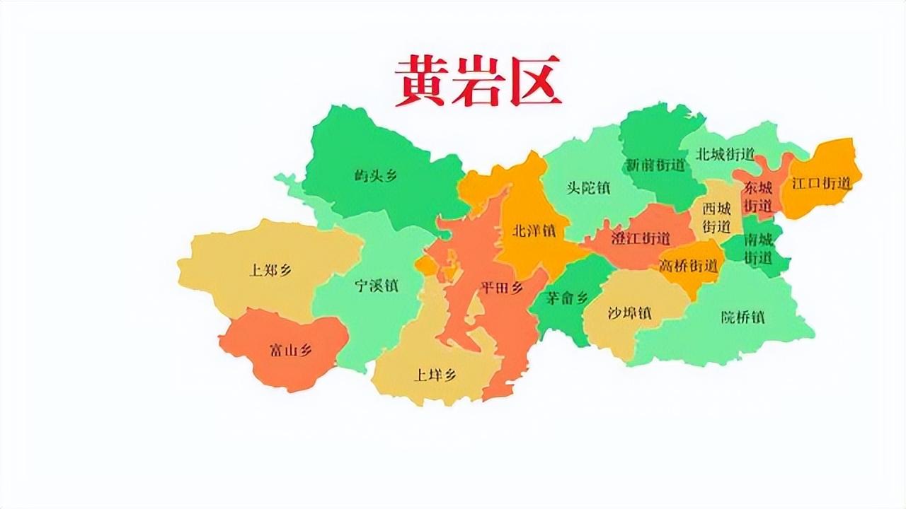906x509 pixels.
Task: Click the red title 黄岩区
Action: (478, 81)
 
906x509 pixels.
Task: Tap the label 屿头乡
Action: (376, 176)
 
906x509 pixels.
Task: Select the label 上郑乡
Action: (270, 270)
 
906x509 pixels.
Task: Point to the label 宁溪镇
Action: (376, 286)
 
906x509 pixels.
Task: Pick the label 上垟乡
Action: (435, 375)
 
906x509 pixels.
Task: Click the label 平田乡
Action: (501, 288)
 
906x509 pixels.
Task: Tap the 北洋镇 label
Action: (534, 231)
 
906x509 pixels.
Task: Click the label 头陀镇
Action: (588, 188)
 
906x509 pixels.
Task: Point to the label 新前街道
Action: (655, 165)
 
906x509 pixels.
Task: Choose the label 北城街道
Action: (725, 154)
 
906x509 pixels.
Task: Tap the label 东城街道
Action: (757, 197)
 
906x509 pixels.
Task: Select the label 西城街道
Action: (716, 218)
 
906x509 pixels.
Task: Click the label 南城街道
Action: (759, 248)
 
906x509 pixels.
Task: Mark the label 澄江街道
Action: (641, 238)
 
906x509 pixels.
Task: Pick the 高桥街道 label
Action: (689, 267)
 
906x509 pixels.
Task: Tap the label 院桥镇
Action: (742, 317)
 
